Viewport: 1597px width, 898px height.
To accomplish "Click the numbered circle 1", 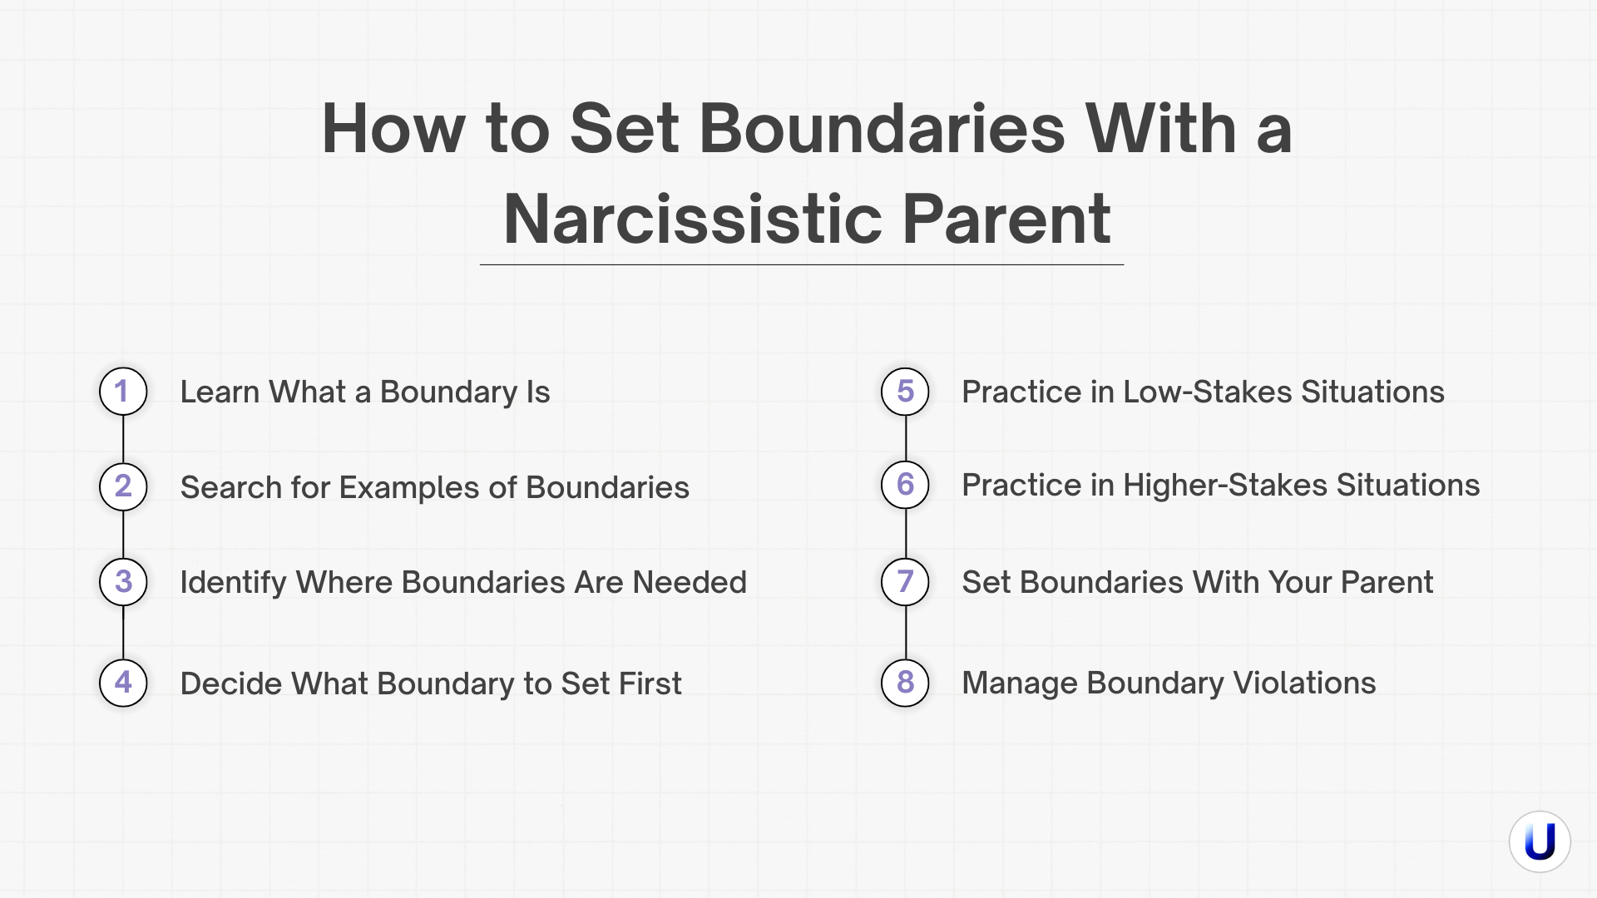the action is (123, 392).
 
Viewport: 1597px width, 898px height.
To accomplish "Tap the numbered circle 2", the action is (123, 486).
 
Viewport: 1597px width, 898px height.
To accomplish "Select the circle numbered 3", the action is (123, 582).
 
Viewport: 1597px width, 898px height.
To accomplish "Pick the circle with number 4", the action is (123, 683).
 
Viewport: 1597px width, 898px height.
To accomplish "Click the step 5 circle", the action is (905, 392).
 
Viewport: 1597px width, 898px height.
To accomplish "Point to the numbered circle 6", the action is (905, 485).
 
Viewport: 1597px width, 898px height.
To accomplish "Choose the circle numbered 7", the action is (905, 582).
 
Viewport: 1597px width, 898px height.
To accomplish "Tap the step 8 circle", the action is (905, 683).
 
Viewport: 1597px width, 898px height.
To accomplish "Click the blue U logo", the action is (1540, 841).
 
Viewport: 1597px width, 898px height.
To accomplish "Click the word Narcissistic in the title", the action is (692, 219).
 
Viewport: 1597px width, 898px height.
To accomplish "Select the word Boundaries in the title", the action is (882, 129).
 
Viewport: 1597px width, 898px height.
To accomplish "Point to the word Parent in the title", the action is (1006, 219).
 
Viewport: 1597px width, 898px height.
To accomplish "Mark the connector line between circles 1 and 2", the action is (123, 439).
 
